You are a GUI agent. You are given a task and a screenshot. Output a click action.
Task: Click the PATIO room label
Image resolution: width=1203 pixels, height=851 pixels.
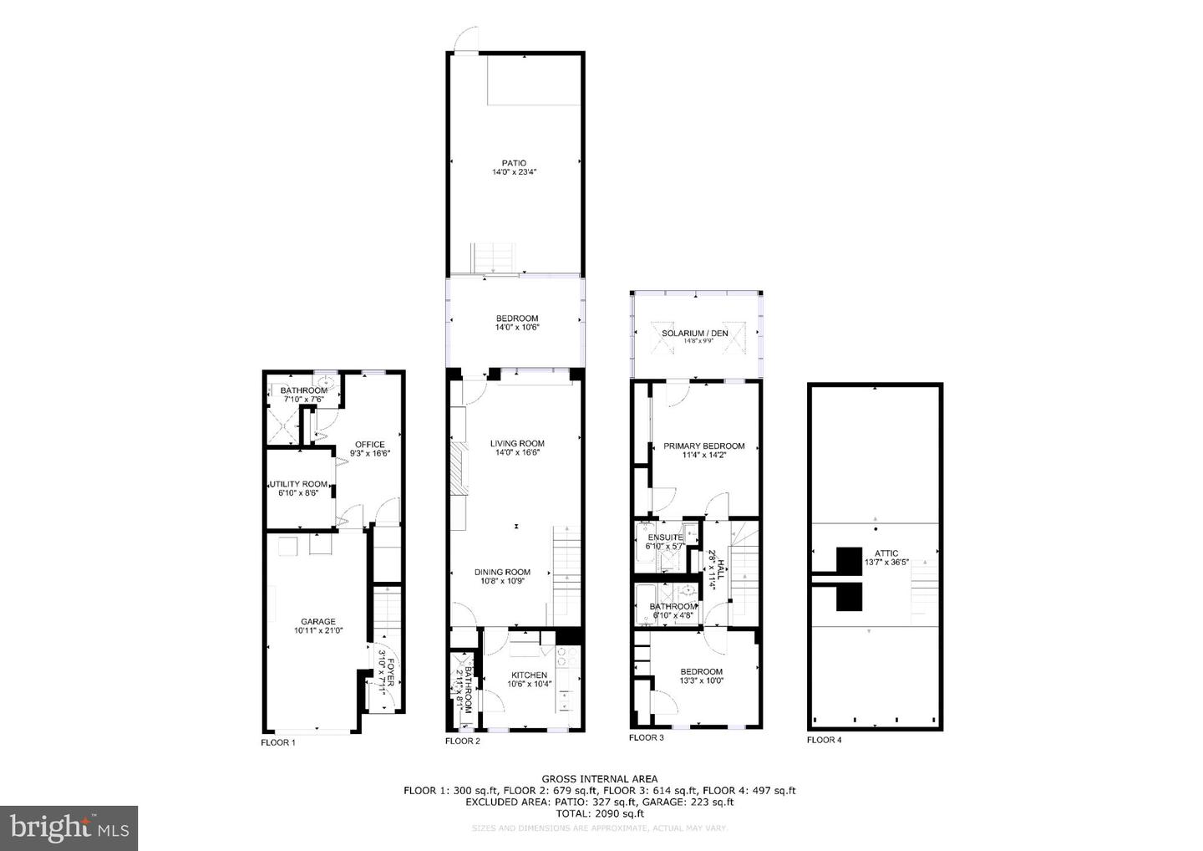[x=514, y=163]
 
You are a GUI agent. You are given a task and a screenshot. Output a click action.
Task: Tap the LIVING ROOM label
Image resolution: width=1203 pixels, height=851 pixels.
[x=517, y=444]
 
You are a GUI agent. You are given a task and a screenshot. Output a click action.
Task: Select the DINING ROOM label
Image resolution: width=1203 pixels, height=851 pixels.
[x=502, y=573]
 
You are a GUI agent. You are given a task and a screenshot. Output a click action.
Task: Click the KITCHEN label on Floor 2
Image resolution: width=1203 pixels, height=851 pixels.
[x=529, y=675]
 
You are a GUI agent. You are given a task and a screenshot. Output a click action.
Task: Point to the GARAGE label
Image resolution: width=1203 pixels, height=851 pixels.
[x=318, y=622]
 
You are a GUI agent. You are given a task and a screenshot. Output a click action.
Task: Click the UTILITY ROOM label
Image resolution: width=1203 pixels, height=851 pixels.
[x=298, y=484]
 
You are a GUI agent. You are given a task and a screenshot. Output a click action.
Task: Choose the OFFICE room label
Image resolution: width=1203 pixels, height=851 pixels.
[x=370, y=445]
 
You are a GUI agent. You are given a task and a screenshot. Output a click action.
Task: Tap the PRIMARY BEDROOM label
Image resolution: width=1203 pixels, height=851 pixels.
[x=703, y=446]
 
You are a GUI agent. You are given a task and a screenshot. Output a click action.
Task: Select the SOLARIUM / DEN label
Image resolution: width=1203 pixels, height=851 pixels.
[x=695, y=334]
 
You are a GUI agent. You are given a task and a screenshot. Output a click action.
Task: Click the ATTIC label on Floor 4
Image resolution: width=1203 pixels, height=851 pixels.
[x=886, y=553]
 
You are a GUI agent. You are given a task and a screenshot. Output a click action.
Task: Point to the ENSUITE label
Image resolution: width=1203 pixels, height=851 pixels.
[x=665, y=537]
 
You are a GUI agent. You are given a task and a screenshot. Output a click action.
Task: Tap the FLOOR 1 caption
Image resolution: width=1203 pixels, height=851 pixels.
[x=278, y=742]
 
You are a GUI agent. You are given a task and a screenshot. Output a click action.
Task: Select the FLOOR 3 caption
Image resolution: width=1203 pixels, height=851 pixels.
[x=646, y=737]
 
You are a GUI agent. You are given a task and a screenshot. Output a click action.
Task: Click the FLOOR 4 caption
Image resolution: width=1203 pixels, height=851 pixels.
[x=824, y=740]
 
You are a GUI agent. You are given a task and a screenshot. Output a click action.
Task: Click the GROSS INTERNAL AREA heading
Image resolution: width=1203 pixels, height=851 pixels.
[x=599, y=779]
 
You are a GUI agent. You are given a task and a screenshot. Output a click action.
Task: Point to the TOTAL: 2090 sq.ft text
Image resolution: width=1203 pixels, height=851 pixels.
[x=599, y=813]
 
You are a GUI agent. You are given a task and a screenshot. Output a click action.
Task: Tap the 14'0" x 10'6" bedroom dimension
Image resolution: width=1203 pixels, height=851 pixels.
[x=517, y=328]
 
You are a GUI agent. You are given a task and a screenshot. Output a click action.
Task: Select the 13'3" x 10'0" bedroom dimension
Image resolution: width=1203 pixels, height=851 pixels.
[x=702, y=680]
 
